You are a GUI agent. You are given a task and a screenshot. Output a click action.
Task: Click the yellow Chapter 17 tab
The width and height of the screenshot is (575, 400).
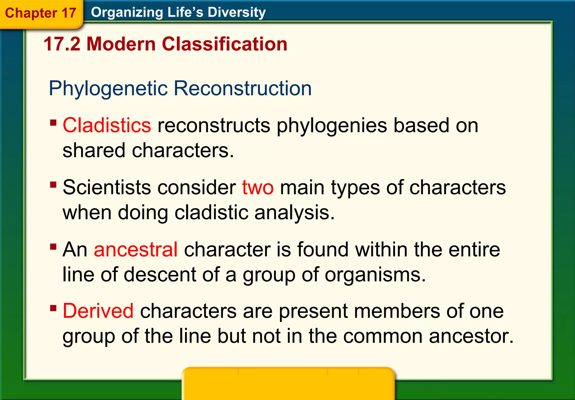pyautogui.click(x=40, y=13)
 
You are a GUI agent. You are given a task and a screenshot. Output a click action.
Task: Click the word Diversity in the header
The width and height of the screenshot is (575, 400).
pyautogui.click(x=236, y=12)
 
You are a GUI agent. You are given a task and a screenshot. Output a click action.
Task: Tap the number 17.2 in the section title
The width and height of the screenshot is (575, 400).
pyautogui.click(x=62, y=44)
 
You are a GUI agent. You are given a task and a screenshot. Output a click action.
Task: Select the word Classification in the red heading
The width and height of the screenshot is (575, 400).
pyautogui.click(x=225, y=44)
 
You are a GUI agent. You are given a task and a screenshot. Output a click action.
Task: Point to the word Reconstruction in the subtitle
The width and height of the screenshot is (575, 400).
pyautogui.click(x=243, y=89)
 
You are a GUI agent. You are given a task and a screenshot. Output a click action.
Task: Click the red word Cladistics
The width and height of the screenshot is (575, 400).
pyautogui.click(x=107, y=125)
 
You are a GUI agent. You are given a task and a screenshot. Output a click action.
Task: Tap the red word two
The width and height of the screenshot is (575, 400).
pyautogui.click(x=258, y=188)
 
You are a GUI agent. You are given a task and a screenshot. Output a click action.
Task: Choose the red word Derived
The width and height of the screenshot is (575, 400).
pyautogui.click(x=98, y=311)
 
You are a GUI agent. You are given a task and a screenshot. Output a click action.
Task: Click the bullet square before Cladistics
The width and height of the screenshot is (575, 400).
pyautogui.click(x=53, y=123)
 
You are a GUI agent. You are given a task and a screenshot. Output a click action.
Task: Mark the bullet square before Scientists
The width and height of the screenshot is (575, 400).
pyautogui.click(x=53, y=185)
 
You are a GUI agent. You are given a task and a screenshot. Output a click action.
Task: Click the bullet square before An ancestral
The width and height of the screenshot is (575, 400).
pyautogui.click(x=53, y=247)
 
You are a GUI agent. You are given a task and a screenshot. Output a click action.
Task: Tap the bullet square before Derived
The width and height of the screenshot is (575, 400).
pyautogui.click(x=53, y=308)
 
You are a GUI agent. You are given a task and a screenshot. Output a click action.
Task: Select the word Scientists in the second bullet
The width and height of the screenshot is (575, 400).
pyautogui.click(x=107, y=188)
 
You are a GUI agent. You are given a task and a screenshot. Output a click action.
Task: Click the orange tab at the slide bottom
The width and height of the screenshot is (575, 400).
pyautogui.click(x=288, y=383)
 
